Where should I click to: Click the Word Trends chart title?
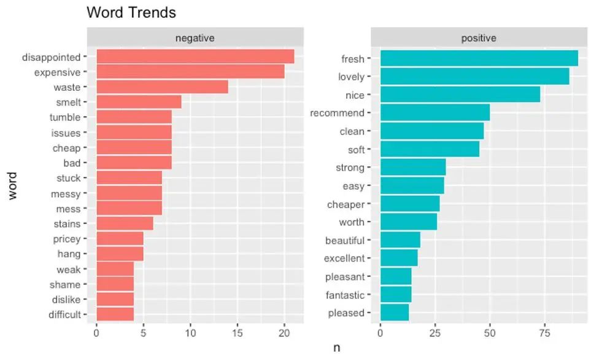131,12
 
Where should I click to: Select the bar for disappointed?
195,56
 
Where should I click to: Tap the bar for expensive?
190,72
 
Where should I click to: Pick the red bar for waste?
162,87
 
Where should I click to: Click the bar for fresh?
479,58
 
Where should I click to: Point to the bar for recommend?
435,113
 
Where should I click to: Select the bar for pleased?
395,312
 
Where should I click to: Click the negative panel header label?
195,38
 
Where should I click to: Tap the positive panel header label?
479,38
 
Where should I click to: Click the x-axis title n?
336,348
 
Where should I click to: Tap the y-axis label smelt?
67,103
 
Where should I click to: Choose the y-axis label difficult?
64,315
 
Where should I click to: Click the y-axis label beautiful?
345,241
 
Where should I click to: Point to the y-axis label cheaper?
346,204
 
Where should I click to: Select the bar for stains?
125,223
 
